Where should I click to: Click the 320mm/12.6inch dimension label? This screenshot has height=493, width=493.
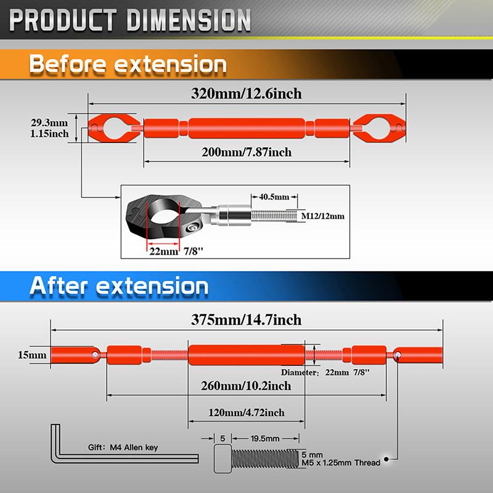(x=246, y=94)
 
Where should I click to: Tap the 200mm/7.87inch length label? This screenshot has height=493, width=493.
(x=246, y=152)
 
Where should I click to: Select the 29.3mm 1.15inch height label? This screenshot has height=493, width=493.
(x=49, y=128)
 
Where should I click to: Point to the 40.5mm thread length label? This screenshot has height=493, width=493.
(x=274, y=197)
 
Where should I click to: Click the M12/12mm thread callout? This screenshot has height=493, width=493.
(x=322, y=216)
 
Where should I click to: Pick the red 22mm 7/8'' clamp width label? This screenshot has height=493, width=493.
(x=176, y=251)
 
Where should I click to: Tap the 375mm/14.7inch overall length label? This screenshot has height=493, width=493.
(x=246, y=320)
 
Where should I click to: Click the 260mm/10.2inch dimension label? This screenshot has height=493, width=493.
(x=246, y=386)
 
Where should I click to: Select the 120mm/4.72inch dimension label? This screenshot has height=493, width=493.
(x=246, y=412)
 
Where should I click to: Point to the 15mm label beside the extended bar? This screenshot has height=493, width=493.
(x=32, y=355)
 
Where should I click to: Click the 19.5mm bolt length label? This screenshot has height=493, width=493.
(x=265, y=438)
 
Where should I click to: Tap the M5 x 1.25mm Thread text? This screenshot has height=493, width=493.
(x=341, y=463)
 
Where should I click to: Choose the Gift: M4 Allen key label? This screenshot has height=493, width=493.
(x=123, y=447)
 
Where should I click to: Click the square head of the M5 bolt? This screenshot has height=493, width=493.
(x=222, y=458)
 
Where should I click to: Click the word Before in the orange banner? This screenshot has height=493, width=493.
(x=67, y=64)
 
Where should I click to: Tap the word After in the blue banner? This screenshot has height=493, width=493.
(x=58, y=286)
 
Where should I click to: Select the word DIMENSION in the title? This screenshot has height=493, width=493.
(x=189, y=20)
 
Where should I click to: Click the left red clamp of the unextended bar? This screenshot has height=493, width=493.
(x=114, y=128)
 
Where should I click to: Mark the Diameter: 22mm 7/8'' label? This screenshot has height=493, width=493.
(x=325, y=372)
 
